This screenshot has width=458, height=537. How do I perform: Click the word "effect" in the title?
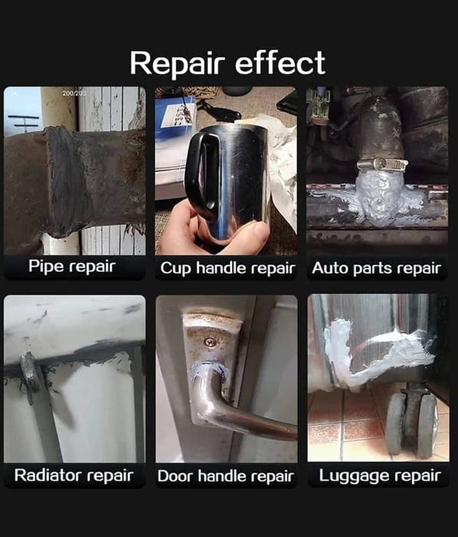(280, 62)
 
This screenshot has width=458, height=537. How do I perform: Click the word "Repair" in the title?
(177, 64)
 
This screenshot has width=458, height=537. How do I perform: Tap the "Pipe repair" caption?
(72, 266)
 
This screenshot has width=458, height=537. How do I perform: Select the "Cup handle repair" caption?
(227, 268)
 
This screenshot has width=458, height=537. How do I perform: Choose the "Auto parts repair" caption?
(377, 268)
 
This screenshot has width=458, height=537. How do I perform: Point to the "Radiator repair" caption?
(74, 475)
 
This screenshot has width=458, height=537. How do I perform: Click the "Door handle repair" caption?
(226, 476)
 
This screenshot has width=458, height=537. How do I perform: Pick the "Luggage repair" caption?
(380, 476)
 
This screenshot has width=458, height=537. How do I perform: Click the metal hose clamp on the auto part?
(382, 165)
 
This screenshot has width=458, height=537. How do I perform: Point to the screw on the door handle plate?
(210, 342)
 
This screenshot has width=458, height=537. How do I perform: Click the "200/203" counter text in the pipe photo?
(74, 93)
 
